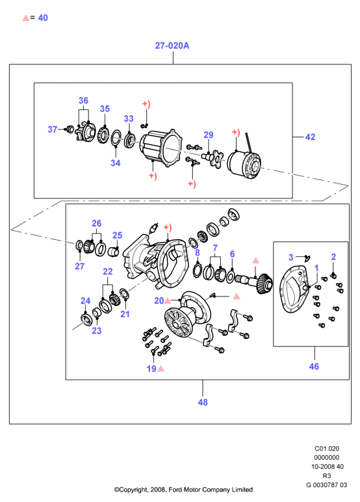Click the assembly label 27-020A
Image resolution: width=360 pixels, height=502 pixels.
coord(172,46)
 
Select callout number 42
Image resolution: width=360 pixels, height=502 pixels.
coord(310,137)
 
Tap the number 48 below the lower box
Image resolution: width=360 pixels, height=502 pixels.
coord(203,402)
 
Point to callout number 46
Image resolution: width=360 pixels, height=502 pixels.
coord(314,366)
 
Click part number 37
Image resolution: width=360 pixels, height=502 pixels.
coord(53,129)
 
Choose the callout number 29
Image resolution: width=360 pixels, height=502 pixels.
coord(209,135)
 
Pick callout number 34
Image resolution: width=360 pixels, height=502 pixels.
coord(116,163)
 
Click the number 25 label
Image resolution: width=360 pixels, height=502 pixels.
coord(118,235)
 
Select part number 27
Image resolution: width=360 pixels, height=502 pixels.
coord(80,266)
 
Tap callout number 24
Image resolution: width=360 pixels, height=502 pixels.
coord(85,300)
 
